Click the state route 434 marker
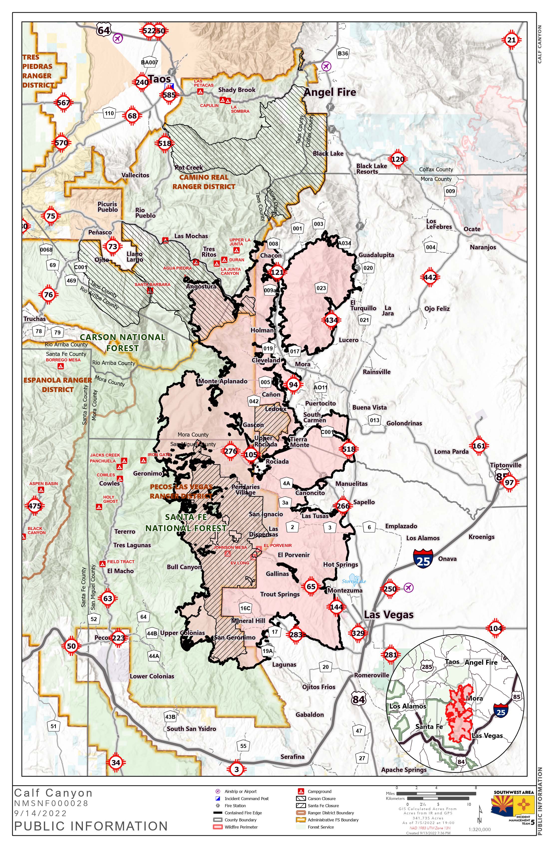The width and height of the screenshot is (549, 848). (x=331, y=320)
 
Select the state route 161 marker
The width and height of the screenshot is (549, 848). (x=479, y=445)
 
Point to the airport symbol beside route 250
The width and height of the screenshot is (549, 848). (x=409, y=588)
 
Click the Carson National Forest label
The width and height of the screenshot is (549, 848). (x=122, y=342)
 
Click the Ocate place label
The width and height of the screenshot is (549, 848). (x=472, y=229)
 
